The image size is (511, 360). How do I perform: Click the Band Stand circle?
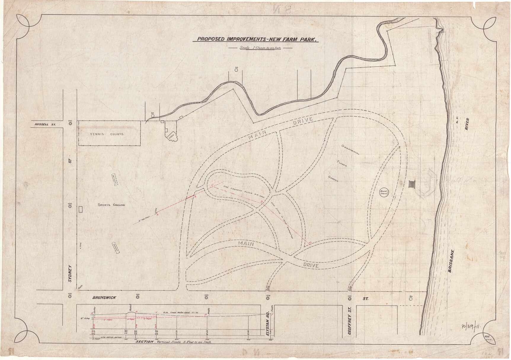pos(384,192)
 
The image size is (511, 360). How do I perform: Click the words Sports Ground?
pos(111,205)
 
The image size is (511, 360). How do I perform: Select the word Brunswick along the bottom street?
pos(104,298)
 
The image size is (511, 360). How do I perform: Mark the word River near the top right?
pos(467,124)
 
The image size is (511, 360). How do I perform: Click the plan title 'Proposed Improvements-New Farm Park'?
pos(255,39)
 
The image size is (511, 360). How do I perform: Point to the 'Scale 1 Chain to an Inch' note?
pos(260,48)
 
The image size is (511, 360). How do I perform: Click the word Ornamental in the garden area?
pos(350,150)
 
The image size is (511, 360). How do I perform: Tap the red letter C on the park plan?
pos(212,185)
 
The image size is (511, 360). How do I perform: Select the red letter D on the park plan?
pos(261,202)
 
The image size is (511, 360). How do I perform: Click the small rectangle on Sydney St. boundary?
pos(81,209)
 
